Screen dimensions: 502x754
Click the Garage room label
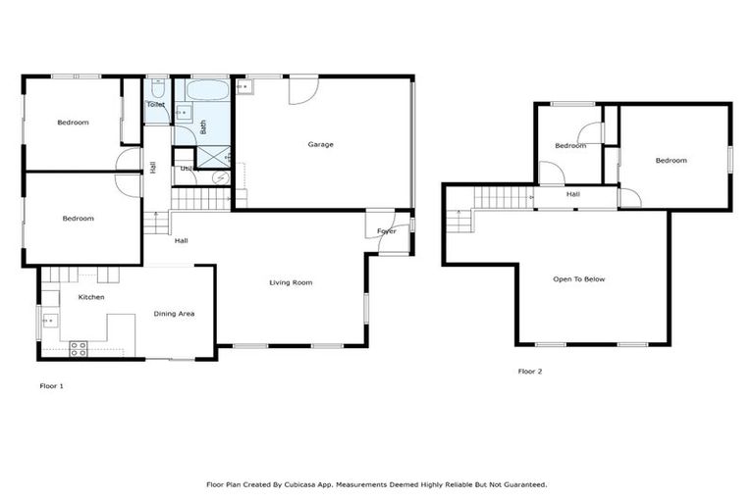(321, 144)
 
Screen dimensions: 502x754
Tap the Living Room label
(291, 282)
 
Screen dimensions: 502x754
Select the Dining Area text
(174, 314)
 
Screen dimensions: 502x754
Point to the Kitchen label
(91, 297)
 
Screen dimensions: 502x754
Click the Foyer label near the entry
(387, 231)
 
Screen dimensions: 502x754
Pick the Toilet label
(155, 104)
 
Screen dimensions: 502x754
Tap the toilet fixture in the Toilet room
(157, 86)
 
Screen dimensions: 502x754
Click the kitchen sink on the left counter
(50, 321)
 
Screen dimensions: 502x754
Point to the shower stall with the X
(213, 156)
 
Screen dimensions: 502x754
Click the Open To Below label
(579, 279)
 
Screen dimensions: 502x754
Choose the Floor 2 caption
(530, 372)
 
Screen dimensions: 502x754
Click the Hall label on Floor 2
(573, 194)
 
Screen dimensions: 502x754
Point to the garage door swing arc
(303, 90)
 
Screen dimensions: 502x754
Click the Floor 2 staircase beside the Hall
(503, 197)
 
